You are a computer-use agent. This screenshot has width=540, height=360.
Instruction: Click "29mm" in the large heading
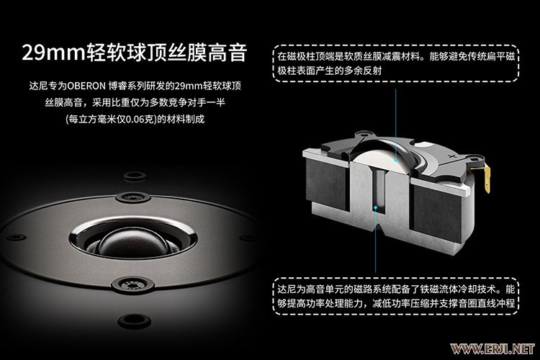53,53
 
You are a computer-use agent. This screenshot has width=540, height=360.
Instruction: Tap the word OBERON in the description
86,86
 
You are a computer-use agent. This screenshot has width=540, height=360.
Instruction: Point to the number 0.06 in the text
135,120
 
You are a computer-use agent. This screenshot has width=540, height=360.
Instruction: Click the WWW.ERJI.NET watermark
492,349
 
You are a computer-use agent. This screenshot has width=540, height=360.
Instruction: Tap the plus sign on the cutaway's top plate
451,156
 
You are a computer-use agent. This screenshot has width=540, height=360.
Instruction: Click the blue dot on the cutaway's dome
396,159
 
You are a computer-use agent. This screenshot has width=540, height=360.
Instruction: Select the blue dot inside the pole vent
375,208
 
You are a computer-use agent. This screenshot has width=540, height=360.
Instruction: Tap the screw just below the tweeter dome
133,284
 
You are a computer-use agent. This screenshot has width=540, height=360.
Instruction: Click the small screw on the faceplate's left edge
16,237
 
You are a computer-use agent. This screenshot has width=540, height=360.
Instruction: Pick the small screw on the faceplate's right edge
248,238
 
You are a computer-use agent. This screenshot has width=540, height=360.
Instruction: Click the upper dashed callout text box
396,63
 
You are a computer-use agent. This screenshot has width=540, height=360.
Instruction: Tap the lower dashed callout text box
396,296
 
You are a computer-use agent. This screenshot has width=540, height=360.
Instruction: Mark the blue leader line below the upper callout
396,124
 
